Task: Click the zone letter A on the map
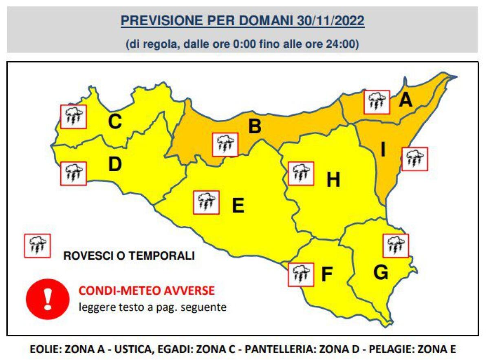405,100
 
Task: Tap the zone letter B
255,126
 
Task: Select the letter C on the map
115,121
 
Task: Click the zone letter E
238,205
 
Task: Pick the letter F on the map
327,274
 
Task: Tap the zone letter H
333,180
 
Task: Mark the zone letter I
383,150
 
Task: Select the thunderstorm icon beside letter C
73,116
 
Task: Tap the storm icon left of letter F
300,274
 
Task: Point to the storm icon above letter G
396,245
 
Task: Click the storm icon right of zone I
414,159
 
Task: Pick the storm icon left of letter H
301,173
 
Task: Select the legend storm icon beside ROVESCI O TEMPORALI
37,245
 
